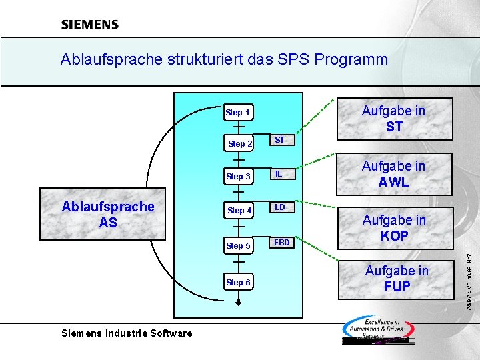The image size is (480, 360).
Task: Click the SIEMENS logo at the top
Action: point(90,25)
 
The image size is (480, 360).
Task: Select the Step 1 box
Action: point(238,113)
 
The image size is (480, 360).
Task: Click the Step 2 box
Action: point(240,144)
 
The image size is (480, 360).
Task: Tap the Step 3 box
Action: point(238,177)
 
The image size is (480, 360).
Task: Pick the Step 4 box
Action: point(239,211)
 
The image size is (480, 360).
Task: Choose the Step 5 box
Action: point(238,246)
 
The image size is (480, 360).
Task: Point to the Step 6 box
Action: point(238,282)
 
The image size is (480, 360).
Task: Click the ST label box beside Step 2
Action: point(280,140)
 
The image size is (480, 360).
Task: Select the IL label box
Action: point(279,174)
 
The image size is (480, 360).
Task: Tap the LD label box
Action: point(280,207)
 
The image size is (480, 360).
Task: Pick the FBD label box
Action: point(282,243)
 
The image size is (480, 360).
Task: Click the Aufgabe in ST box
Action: point(393,119)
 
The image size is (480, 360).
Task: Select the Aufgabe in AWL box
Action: point(393,174)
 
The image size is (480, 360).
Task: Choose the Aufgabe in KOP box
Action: point(393,227)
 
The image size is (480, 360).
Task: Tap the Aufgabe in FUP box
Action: point(397,279)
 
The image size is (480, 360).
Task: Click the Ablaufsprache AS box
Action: point(107,215)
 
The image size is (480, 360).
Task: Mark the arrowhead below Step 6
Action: point(238,302)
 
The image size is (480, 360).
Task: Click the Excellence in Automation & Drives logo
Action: point(378,329)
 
